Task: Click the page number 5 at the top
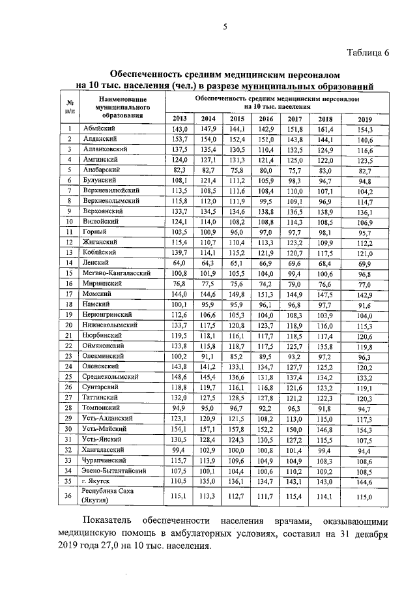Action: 225,27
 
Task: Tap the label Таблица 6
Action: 362,53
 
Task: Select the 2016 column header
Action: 266,119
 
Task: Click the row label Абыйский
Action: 98,130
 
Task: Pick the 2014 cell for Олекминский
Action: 208,357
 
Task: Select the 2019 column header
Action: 364,119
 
